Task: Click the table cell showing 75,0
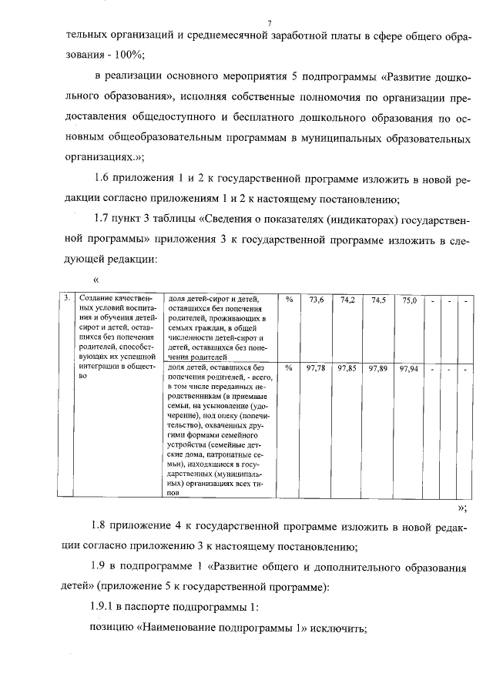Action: [409, 300]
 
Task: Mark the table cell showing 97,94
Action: [408, 369]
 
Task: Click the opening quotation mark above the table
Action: [96, 280]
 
